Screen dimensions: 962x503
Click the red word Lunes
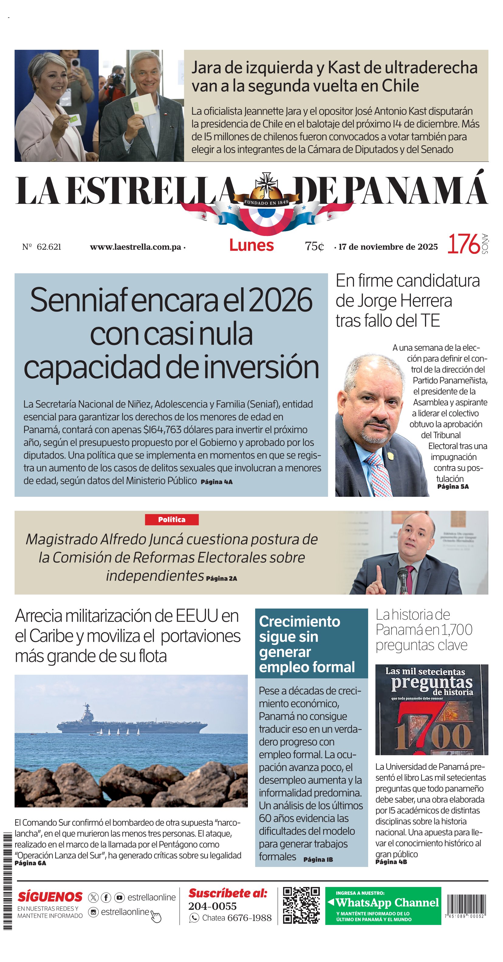point(251,245)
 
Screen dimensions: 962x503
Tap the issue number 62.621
point(49,247)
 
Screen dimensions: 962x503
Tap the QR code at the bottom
point(301,906)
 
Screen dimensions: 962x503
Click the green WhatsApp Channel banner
point(383,906)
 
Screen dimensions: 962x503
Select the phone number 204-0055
point(213,906)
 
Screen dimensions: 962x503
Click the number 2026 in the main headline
point(280,300)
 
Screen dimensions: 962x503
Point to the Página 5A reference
point(453,486)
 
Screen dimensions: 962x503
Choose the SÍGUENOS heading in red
point(50,897)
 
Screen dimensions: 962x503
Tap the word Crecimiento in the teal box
point(299,621)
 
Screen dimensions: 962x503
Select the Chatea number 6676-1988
point(249,918)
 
